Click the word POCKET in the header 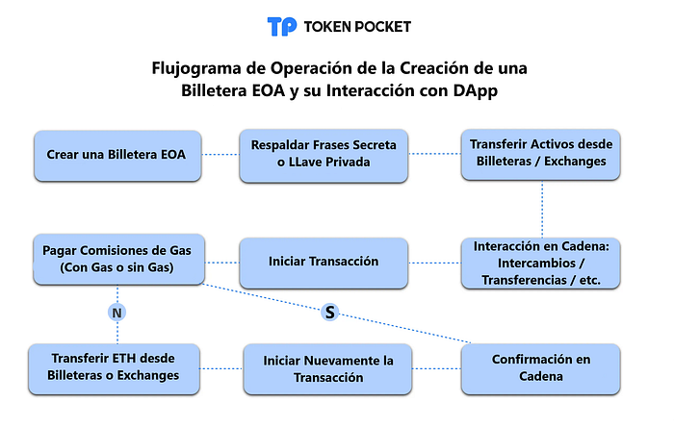coord(376,27)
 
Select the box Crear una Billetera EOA coord(117,154)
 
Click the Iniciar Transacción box coord(323,262)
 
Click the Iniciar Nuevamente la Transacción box coord(328,369)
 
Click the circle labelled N coord(117,313)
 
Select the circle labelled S coord(330,311)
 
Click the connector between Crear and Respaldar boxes coord(220,154)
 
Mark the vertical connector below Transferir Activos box coord(541,210)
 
